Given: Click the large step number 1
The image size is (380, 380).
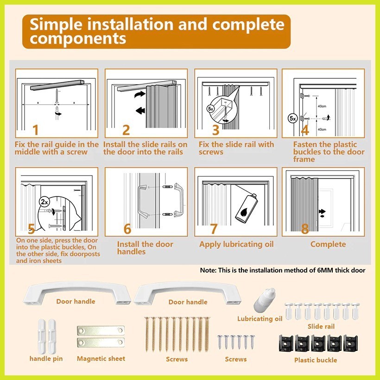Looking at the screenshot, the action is (x=36, y=130).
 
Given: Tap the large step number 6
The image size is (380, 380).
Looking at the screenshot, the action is (x=127, y=229).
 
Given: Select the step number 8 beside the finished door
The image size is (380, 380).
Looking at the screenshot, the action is (x=305, y=228).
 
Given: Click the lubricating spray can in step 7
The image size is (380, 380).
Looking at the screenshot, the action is (x=246, y=208).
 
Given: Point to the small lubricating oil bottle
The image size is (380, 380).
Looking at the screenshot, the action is (x=264, y=300).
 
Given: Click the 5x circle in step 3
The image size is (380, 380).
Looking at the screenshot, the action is (x=210, y=109).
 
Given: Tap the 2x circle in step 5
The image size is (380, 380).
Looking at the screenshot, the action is (x=44, y=202).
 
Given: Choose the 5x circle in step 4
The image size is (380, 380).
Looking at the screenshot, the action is (x=292, y=119).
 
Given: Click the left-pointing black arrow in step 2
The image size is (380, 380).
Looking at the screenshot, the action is (x=140, y=111).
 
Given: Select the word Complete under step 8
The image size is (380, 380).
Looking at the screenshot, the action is (x=328, y=244).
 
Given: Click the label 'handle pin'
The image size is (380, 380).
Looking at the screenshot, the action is (x=46, y=358).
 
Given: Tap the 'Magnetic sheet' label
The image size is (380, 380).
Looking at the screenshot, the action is (x=101, y=358).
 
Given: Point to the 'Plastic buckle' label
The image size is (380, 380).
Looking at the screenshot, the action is (x=316, y=360).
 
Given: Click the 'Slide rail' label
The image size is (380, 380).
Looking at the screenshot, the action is (x=321, y=326).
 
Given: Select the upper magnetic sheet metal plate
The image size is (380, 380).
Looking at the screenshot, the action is (x=101, y=330).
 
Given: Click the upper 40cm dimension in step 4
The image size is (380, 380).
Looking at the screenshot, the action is (x=322, y=106).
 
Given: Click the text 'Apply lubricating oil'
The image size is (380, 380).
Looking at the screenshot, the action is (x=236, y=244).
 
